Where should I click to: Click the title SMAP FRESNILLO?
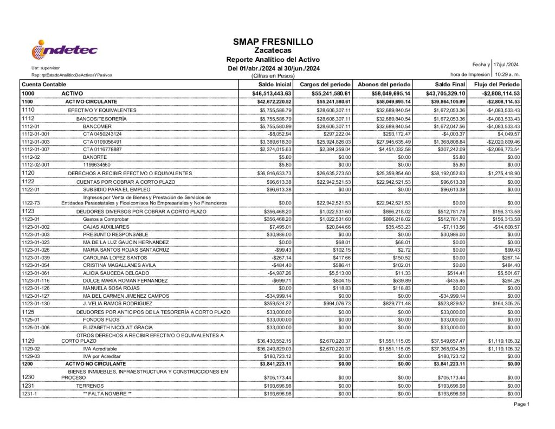click(273, 42)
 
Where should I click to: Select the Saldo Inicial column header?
click(275, 85)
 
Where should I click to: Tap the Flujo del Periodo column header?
click(497, 85)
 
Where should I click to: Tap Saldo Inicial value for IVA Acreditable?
click(274, 348)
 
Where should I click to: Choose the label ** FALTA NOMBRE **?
click(107, 393)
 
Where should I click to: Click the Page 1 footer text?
click(521, 405)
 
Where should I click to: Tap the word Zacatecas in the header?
click(273, 50)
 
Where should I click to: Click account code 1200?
click(27, 363)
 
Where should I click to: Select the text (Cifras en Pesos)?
click(273, 76)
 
